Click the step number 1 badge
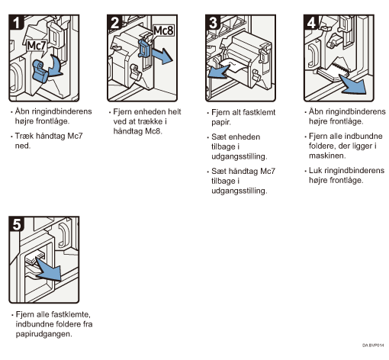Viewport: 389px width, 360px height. tap(16, 22)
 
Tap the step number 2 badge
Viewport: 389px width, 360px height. tap(114, 22)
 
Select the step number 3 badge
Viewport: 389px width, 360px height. tap(213, 22)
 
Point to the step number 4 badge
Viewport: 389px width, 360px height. tap(311, 22)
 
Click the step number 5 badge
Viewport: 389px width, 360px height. tap(16, 224)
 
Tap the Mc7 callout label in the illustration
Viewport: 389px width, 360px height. tap(37, 47)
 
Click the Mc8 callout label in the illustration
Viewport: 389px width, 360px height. tap(163, 31)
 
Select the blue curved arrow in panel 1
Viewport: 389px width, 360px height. tap(56, 67)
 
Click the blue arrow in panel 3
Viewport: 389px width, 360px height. tap(218, 72)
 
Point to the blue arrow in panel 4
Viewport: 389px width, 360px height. tap(353, 85)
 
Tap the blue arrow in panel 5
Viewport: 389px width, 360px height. tap(49, 269)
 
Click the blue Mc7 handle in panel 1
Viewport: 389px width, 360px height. tap(40, 71)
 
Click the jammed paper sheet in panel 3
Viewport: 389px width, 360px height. tap(233, 66)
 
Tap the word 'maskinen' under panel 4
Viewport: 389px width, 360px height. tap(327, 156)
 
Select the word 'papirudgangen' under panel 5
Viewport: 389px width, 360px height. tap(43, 334)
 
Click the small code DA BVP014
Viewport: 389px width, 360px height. tap(373, 346)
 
